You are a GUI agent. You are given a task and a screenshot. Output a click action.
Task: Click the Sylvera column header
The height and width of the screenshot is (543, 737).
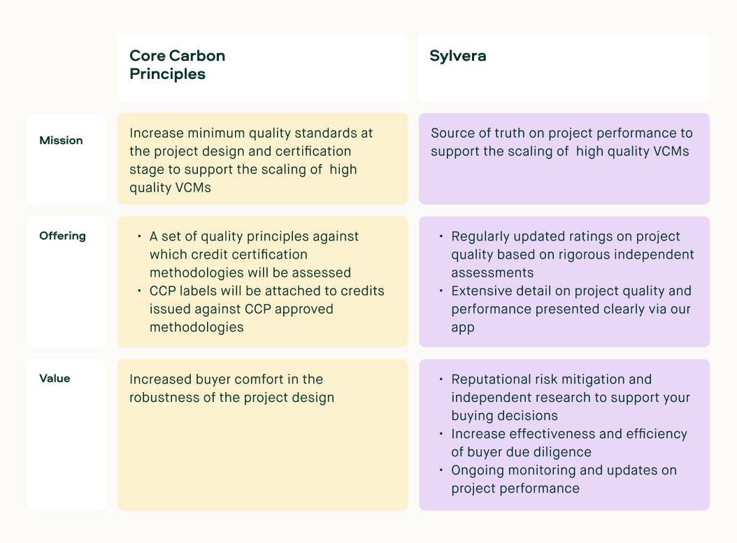(458, 57)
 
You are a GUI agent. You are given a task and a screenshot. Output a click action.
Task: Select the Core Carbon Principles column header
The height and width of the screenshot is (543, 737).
(177, 65)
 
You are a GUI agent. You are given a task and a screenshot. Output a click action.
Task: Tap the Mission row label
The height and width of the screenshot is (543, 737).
(61, 140)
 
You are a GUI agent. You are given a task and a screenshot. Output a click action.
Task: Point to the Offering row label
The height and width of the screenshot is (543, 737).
(62, 236)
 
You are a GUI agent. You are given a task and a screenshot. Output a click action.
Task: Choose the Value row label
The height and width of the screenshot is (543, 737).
(55, 379)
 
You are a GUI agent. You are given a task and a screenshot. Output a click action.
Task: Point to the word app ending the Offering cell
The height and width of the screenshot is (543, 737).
(463, 327)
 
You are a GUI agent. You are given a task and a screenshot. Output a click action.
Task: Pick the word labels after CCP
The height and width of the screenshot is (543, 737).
(198, 291)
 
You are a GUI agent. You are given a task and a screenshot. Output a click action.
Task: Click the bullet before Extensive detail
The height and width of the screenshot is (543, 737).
(441, 291)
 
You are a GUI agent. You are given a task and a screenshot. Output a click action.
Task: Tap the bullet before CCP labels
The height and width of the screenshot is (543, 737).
(140, 291)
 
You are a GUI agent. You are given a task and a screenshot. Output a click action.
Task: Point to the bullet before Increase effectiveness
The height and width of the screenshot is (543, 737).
(441, 434)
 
